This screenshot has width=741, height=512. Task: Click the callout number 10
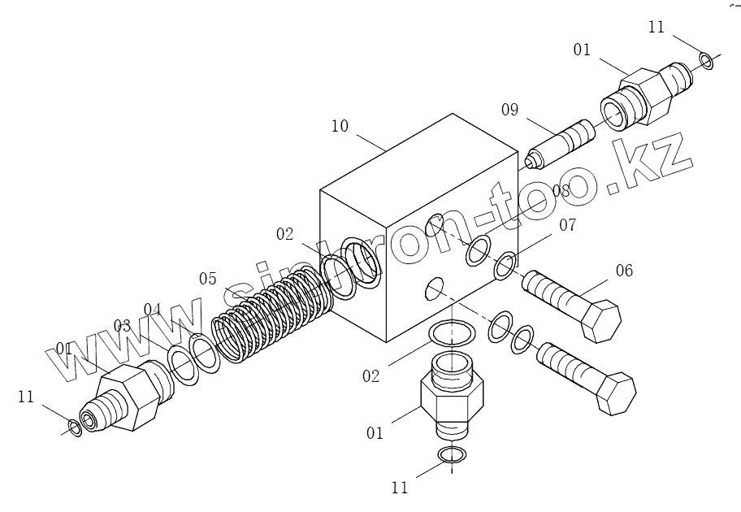tap(340, 127)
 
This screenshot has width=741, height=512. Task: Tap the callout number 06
tap(623, 271)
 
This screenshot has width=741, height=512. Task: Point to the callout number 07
tap(566, 225)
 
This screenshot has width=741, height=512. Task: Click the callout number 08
tap(561, 191)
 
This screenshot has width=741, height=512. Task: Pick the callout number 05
tap(208, 279)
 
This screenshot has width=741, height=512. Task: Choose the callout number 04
tap(154, 309)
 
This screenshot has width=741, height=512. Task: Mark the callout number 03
tap(122, 326)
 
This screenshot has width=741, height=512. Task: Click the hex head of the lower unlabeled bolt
tap(615, 395)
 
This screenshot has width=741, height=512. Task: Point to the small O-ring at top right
tap(706, 60)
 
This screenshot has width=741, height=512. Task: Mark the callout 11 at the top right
tap(656, 28)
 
